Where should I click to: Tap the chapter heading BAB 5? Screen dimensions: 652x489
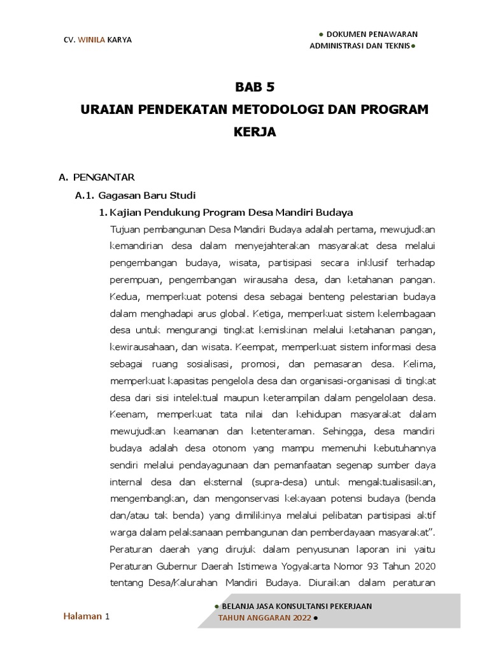pyautogui.click(x=255, y=87)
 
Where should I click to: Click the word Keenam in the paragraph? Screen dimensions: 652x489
pyautogui.click(x=127, y=415)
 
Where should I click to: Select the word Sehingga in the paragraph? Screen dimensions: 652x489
pyautogui.click(x=343, y=431)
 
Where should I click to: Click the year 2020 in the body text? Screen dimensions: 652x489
pyautogui.click(x=423, y=566)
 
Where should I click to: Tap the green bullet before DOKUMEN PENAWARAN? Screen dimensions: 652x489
pyautogui.click(x=321, y=34)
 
